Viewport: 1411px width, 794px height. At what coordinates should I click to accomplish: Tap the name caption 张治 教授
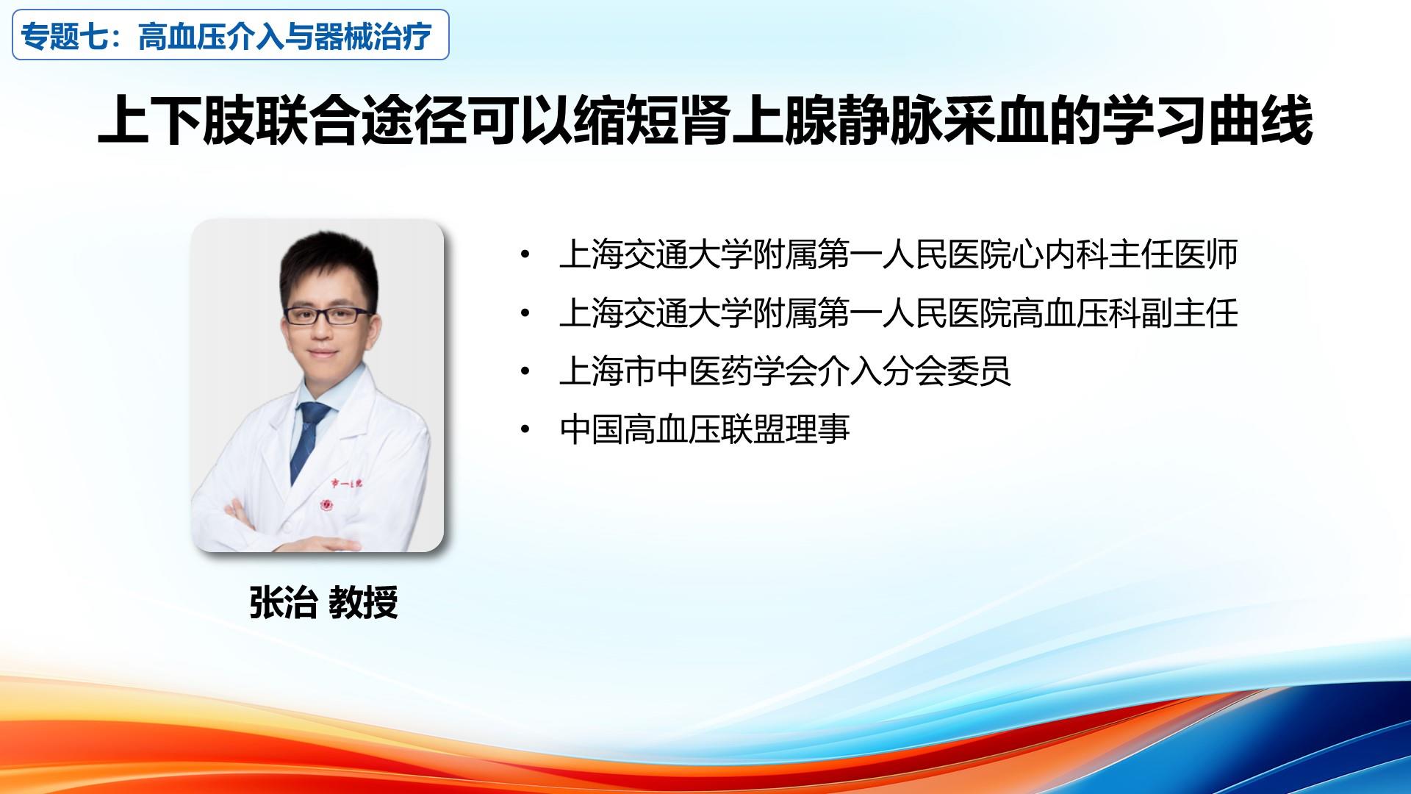point(323,603)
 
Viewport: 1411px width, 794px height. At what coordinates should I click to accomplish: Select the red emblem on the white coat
point(326,506)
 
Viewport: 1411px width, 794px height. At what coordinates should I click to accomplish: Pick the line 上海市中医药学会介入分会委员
point(785,371)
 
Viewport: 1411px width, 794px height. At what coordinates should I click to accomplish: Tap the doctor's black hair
point(328,261)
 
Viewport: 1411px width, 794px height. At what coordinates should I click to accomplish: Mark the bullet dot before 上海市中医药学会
point(524,371)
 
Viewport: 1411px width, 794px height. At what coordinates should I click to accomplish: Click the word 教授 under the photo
point(364,603)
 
